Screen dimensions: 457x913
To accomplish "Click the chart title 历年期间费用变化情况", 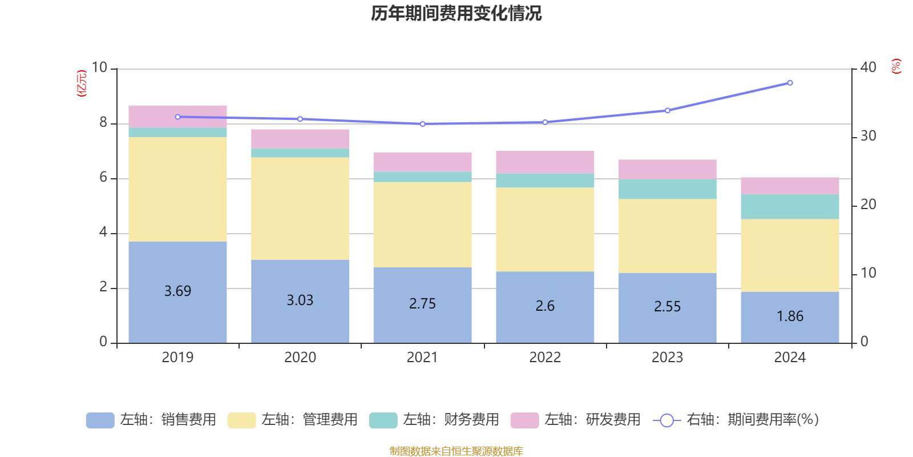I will pos(456,13).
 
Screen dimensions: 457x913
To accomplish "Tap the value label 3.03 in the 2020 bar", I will pos(300,300).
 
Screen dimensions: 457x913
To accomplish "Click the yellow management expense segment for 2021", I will pos(422,225).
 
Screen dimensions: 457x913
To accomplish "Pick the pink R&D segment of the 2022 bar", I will pos(545,162).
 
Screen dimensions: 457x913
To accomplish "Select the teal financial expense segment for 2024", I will pos(790,207).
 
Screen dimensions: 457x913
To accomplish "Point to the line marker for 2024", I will pos(790,83).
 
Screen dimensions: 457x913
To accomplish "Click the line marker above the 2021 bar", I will pos(422,124).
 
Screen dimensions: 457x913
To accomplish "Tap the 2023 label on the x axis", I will pos(667,358).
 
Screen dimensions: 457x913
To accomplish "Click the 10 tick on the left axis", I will pos(99,67).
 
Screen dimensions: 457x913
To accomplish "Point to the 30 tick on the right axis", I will pos(868,136).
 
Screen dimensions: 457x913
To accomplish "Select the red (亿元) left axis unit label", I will pos(82,83).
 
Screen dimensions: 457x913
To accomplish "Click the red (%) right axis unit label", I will pos(896,66).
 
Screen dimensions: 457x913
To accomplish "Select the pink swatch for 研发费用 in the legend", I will pos(524,420).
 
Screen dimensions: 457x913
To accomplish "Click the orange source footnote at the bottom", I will pos(456,451).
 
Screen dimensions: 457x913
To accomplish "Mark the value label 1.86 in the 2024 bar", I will pos(790,316).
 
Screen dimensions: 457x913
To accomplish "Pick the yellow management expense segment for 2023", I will pos(667,236).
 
